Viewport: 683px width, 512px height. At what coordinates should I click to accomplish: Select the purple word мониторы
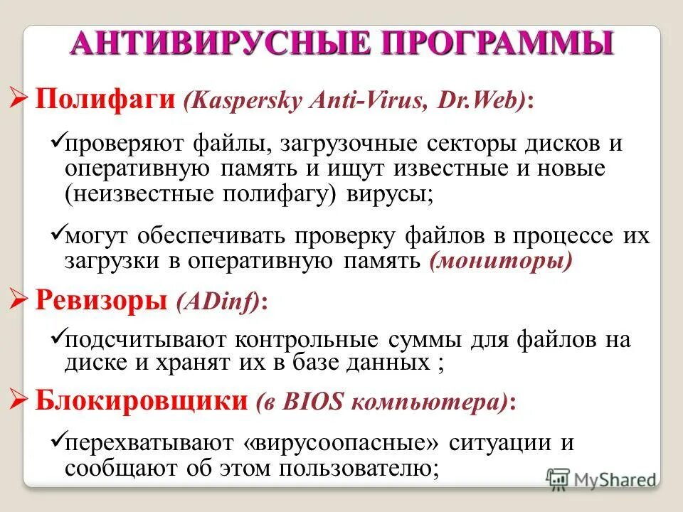click(500, 260)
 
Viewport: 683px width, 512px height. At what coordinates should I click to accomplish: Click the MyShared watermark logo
click(602, 479)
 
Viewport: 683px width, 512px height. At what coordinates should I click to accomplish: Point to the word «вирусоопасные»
click(342, 443)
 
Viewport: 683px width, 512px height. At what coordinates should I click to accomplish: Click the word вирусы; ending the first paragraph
click(389, 195)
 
